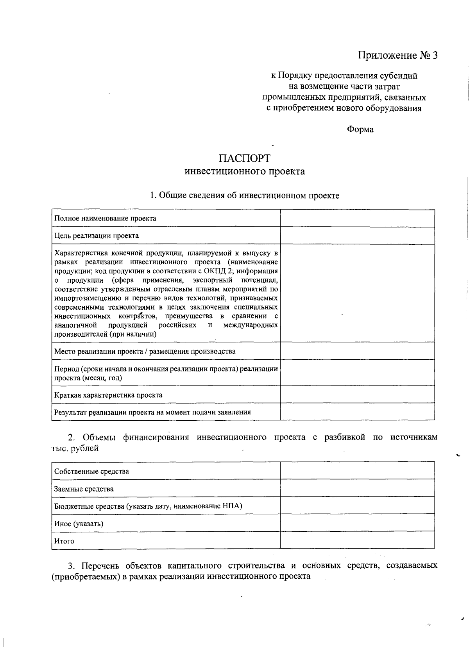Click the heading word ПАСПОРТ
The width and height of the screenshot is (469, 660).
tap(244, 158)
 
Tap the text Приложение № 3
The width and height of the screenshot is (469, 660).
tap(398, 56)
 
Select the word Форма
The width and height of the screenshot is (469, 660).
tap(360, 129)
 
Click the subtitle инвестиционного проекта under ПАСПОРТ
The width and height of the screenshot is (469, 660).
tap(244, 172)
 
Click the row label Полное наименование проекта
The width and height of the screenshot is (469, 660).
tap(105, 219)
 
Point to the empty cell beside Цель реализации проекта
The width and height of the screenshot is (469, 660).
tap(357, 236)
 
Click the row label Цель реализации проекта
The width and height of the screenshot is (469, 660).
tap(97, 236)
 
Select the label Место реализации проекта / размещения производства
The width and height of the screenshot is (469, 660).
tap(145, 351)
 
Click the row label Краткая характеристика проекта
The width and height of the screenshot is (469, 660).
tap(108, 395)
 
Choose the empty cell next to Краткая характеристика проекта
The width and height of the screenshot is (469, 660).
tap(357, 395)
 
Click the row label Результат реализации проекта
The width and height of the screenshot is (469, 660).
tap(152, 412)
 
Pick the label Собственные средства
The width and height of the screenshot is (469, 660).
tap(91, 472)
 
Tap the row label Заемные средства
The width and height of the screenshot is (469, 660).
tap(84, 489)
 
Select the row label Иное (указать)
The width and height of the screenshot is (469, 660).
tap(79, 524)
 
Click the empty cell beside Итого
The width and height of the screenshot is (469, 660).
tap(357, 540)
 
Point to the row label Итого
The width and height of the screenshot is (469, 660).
tap(64, 542)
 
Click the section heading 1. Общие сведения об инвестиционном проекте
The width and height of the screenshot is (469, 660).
tap(245, 196)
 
